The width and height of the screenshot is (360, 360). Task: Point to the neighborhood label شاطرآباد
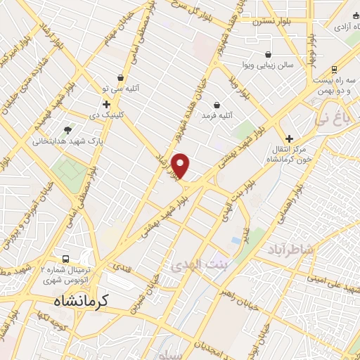pos(292,248)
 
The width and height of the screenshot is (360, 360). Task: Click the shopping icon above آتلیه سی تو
pos(120,78)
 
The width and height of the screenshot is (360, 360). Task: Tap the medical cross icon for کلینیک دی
pos(106,104)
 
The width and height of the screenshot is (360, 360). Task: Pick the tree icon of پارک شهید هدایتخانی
pos(67,129)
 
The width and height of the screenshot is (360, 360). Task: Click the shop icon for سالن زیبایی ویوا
pos(268,53)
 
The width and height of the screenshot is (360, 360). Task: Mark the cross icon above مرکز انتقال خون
pos(288,138)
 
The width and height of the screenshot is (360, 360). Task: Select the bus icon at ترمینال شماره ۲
pos(66,257)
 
